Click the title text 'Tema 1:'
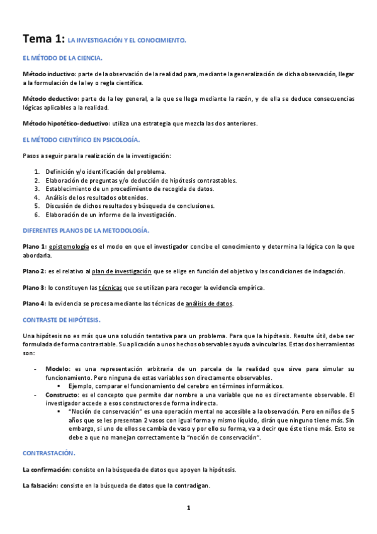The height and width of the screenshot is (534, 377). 43,39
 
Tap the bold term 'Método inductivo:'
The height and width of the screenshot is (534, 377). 49,74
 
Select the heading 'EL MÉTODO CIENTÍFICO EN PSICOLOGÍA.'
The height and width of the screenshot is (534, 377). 81,139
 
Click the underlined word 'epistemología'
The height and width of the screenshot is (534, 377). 69,246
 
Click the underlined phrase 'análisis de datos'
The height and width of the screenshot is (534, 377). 210,304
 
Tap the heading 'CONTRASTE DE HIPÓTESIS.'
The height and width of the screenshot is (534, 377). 61,321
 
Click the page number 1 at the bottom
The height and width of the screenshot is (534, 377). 188,508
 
